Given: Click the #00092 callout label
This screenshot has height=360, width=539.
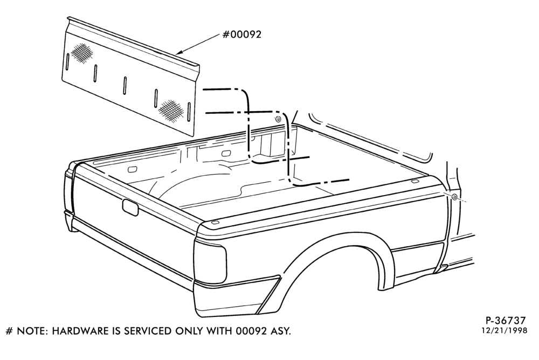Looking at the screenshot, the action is pos(242,34).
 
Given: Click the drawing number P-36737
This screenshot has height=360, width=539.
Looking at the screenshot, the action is pos(506,321).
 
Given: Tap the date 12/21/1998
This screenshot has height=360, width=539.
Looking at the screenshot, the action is pos(504,330).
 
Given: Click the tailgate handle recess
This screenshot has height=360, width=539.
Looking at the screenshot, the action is pos(130,207).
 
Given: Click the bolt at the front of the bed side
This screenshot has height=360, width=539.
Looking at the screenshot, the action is pos(454,197).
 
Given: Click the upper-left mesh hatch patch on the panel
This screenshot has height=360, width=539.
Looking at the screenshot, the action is pos(82,52).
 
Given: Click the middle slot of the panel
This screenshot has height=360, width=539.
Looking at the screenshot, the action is pos(125,85).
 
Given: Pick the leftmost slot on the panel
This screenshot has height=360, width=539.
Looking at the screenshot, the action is pos(68,61).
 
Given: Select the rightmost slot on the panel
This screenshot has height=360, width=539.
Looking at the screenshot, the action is pos(188,112).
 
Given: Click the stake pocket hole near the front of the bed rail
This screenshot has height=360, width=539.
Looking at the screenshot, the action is pos(414,181).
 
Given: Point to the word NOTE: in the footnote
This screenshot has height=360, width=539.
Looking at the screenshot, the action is pos(33,331).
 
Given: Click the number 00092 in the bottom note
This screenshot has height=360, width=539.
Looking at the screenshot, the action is pos(251,331).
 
